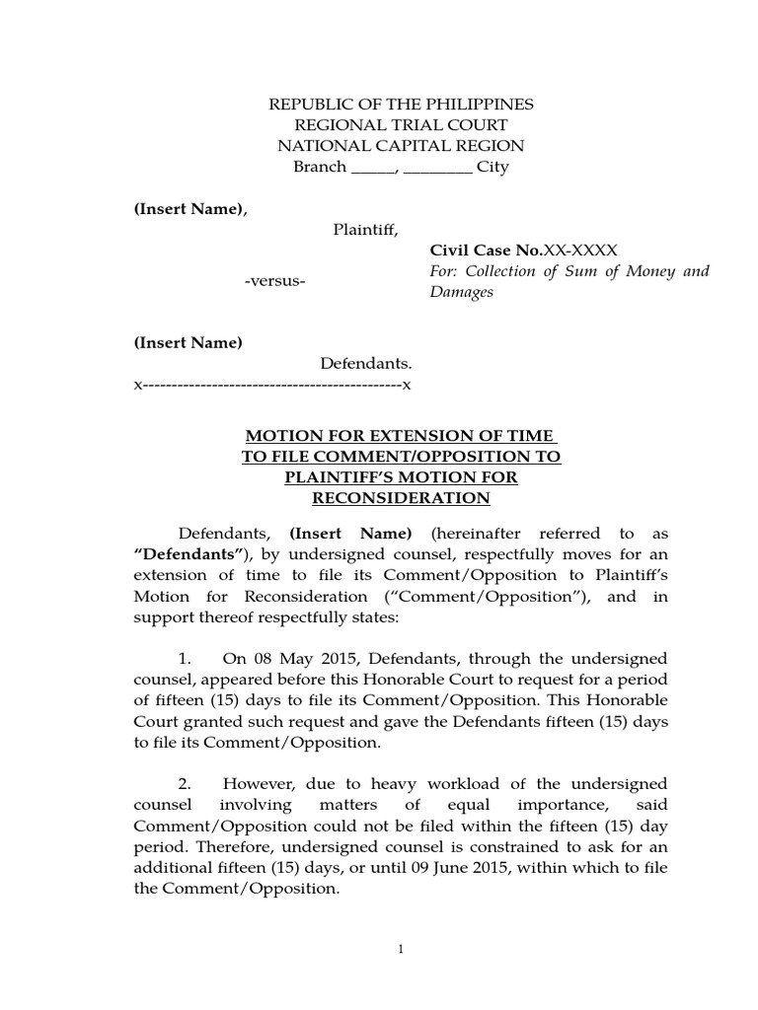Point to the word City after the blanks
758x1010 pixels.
[x=493, y=167]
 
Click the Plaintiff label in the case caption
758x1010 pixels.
[x=365, y=230]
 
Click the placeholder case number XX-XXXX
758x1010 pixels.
[x=581, y=251]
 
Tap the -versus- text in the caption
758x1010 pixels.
[x=275, y=282]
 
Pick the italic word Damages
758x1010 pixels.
[x=461, y=293]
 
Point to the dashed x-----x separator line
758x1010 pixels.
[x=272, y=384]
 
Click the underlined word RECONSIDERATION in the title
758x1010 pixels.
[x=401, y=498]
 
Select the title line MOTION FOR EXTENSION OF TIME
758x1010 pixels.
[x=401, y=436]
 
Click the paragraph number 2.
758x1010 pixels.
[x=185, y=784]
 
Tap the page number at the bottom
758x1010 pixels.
[x=401, y=949]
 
